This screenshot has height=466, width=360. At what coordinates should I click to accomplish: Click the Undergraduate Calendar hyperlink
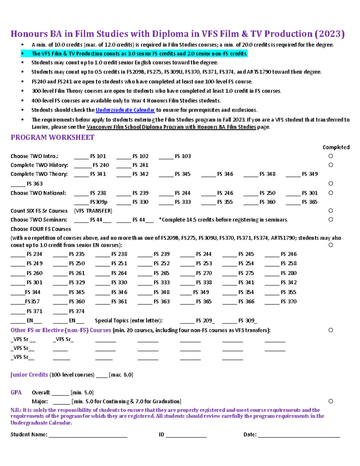point(125,110)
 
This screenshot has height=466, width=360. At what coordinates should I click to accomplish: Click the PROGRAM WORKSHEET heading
point(52,137)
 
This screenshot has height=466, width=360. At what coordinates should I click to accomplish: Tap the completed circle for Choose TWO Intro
point(331,156)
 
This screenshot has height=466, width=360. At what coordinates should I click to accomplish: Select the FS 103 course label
point(183,156)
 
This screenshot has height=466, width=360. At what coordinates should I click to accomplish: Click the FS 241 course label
point(140,165)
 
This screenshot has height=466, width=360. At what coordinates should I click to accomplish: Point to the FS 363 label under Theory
point(34,184)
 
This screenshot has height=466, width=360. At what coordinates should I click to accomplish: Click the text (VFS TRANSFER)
point(93,211)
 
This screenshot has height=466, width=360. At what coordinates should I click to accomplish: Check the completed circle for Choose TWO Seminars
point(331,220)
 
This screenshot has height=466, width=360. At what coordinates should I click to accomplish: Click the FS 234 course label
point(34,254)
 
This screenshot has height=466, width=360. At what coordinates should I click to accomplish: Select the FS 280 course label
point(289,273)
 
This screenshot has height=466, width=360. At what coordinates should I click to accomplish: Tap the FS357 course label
point(32,302)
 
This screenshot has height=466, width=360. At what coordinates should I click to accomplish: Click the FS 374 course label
point(77,311)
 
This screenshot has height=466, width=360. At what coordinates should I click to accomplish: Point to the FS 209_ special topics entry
point(205,320)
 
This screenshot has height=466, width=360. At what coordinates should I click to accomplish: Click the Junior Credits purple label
point(29,375)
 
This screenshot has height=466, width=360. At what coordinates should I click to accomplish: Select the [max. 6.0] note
point(121,375)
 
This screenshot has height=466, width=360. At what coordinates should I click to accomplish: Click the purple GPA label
point(16,392)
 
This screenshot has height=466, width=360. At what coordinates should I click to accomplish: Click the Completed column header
point(336,147)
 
